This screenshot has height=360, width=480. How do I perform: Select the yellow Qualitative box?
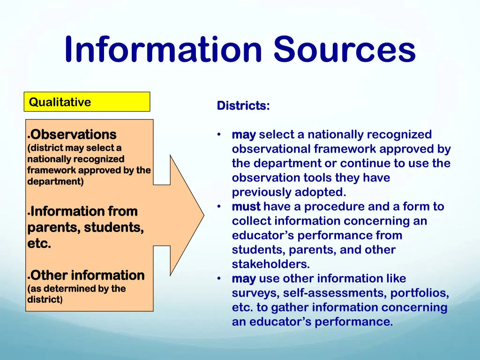click(87, 102)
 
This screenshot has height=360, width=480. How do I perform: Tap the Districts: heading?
click(243, 106)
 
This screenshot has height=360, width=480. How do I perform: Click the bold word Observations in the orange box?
click(74, 135)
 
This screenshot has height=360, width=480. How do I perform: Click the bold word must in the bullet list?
click(246, 207)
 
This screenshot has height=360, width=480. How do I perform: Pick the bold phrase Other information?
click(88, 275)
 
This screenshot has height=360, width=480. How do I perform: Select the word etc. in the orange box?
click(39, 244)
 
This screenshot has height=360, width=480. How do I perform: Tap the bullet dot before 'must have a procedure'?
click(219, 207)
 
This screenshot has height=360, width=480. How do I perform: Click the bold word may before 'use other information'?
click(244, 279)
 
